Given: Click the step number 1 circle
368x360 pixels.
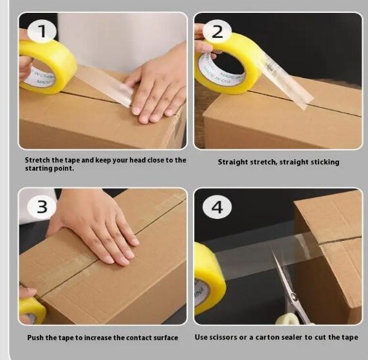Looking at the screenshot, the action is point(42,32).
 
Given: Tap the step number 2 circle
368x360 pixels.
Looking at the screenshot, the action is point(217,32).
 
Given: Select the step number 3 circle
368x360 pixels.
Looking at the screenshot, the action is point(42,207).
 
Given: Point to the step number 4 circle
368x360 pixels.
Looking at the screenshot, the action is point(217,207).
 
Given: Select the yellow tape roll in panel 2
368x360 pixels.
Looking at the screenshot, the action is point(225,64).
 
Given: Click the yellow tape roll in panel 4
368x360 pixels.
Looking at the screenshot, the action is point(209,278).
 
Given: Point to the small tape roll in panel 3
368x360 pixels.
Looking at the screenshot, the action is point(32,310).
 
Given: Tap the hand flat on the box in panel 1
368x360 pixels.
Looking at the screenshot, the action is point(157,87).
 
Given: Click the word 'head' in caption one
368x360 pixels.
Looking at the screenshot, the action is point(138,160).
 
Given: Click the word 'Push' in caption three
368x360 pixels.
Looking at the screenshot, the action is point(35,337).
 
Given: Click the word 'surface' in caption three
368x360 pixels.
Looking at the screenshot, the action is point(166,337).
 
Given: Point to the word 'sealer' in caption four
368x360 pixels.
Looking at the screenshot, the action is point(291,337).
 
